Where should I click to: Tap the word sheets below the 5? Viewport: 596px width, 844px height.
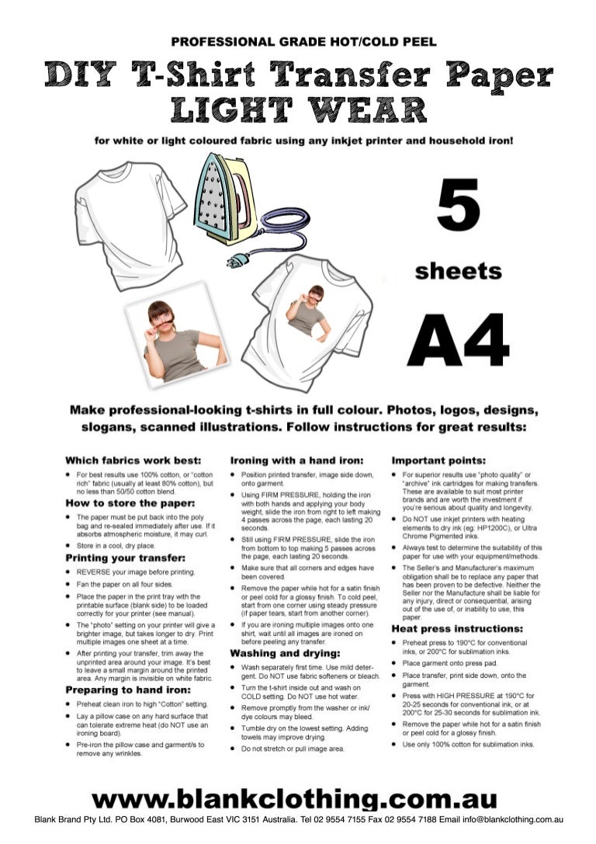(x=458, y=271)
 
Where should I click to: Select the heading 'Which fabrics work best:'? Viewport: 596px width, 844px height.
(x=133, y=460)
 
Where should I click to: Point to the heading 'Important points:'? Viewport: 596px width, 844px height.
(x=438, y=460)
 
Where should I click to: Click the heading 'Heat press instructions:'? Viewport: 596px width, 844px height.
(x=457, y=628)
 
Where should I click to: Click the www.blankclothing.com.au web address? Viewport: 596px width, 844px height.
(x=294, y=800)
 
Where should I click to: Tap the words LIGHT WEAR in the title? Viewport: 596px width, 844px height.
(x=299, y=109)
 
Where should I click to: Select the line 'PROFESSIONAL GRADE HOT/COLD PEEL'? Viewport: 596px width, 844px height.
(x=303, y=41)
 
